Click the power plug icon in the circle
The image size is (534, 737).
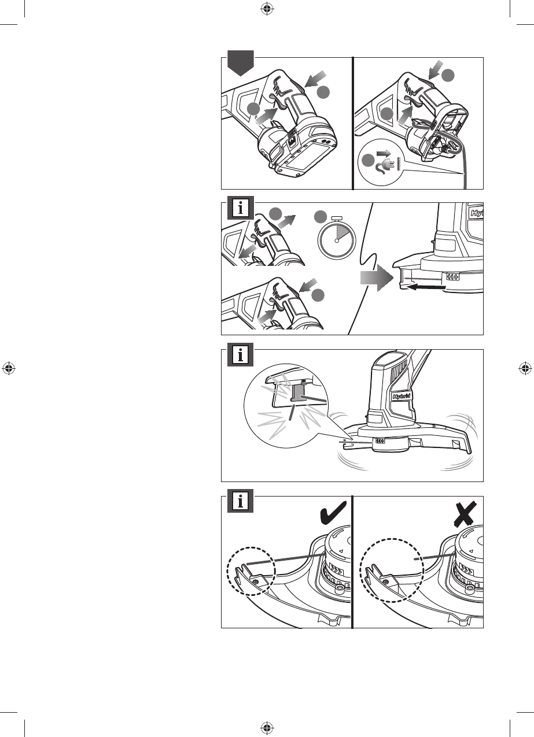(385, 162)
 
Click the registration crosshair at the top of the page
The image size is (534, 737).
(267, 8)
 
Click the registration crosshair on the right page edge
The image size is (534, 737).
(525, 368)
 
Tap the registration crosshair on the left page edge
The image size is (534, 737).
(9, 368)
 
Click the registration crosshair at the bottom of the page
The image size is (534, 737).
(267, 728)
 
